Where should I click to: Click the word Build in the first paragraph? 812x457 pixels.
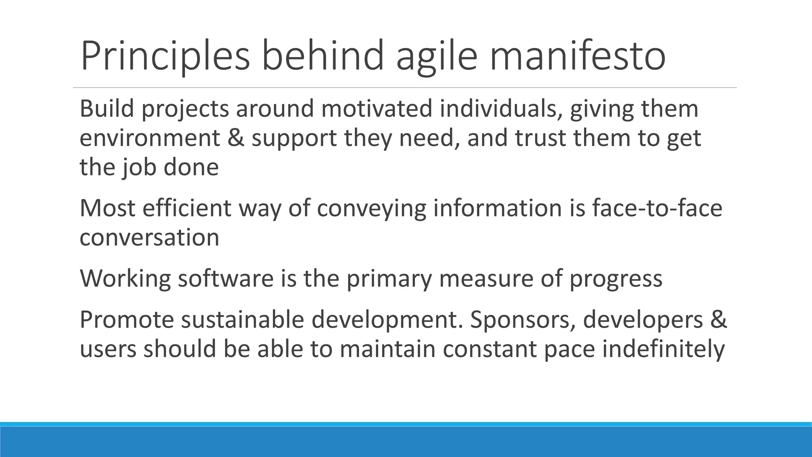click(x=107, y=109)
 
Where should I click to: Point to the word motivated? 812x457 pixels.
click(x=376, y=109)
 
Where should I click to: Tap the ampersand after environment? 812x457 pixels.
click(x=236, y=138)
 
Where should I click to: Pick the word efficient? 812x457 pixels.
click(x=186, y=208)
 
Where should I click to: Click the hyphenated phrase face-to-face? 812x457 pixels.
click(x=657, y=208)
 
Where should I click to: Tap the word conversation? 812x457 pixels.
click(x=149, y=238)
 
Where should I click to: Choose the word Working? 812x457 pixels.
click(x=125, y=278)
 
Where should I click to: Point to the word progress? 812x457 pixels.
click(x=616, y=278)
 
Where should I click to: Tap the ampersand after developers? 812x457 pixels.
click(x=718, y=320)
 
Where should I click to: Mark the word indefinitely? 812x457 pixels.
click(x=663, y=349)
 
